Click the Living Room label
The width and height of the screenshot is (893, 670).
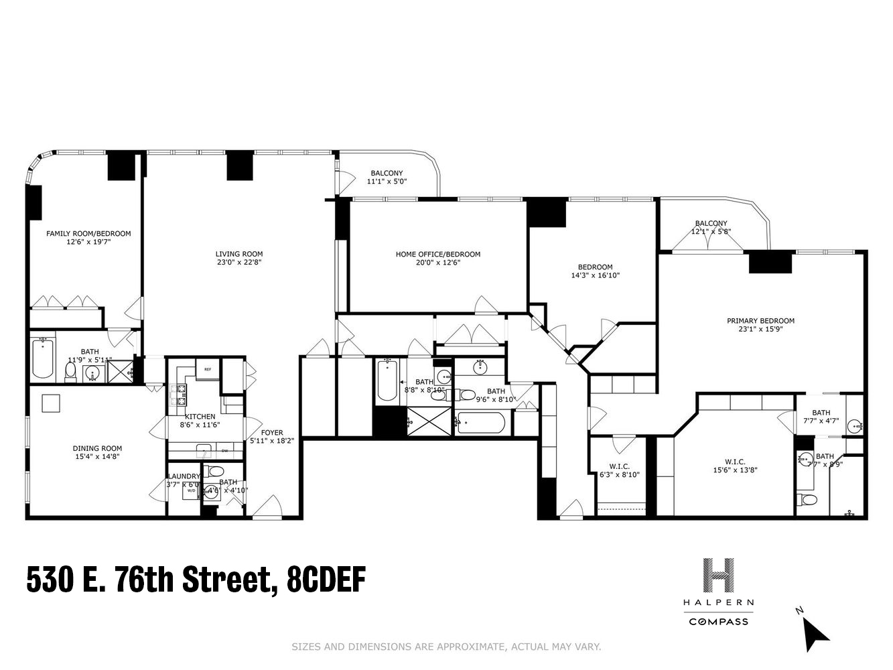238,254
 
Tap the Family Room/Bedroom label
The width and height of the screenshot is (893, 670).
88,233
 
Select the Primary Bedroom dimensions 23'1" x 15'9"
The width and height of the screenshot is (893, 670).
760,329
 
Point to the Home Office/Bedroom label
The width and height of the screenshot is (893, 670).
437,254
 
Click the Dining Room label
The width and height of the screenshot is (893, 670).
97,448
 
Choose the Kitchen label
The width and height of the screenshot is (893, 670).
200,416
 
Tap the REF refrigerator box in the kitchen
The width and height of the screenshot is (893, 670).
208,369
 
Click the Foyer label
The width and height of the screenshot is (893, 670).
272,432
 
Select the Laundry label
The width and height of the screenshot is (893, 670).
183,476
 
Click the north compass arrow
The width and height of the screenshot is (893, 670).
815,632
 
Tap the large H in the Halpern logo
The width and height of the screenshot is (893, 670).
718,576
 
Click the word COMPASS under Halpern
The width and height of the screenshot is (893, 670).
718,621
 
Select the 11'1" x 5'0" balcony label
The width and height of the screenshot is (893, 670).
387,182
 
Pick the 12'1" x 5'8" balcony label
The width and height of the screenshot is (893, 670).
711,232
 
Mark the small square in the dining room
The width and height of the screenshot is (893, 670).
51,403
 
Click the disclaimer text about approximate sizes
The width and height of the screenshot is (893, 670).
446,647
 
